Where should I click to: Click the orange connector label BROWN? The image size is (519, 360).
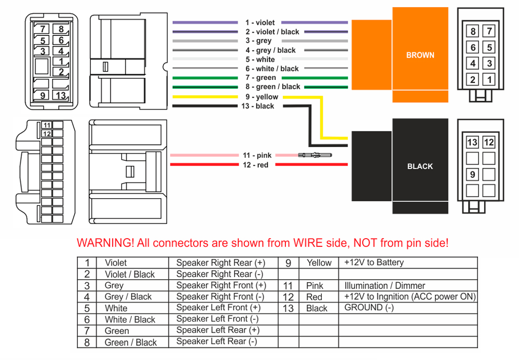click(420, 55)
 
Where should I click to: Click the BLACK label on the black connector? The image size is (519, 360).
click(420, 167)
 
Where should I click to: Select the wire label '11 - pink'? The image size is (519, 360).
click(257, 155)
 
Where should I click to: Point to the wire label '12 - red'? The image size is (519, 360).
click(255, 165)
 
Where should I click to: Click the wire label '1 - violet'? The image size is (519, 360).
click(260, 23)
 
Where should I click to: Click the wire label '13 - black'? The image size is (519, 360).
click(257, 106)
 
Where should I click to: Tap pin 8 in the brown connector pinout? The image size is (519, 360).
click(473, 32)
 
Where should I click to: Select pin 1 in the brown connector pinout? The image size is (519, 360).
click(488, 80)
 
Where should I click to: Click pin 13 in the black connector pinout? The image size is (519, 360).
click(472, 142)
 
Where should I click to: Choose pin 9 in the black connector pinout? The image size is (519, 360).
click(472, 174)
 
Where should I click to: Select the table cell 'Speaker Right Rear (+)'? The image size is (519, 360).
click(221, 263)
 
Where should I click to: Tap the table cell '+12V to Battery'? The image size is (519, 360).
click(374, 263)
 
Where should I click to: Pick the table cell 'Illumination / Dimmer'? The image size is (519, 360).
click(385, 286)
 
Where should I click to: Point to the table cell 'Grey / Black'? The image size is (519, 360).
click(128, 297)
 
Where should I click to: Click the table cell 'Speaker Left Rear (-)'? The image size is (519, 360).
click(216, 342)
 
